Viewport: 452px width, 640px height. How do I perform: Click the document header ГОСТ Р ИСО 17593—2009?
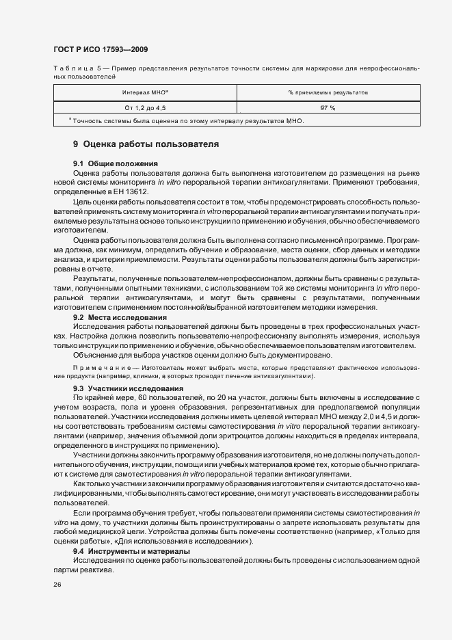point(100,50)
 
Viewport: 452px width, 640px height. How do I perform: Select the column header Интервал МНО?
point(146,92)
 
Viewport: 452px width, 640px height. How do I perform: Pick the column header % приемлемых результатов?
point(328,92)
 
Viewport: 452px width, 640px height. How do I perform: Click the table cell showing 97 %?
point(328,107)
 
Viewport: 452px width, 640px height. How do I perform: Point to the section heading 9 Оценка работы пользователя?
point(146,144)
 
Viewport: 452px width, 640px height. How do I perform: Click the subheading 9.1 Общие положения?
point(116,163)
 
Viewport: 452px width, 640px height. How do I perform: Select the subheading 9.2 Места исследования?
point(120,318)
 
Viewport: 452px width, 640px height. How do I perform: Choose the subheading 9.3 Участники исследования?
point(128,388)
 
